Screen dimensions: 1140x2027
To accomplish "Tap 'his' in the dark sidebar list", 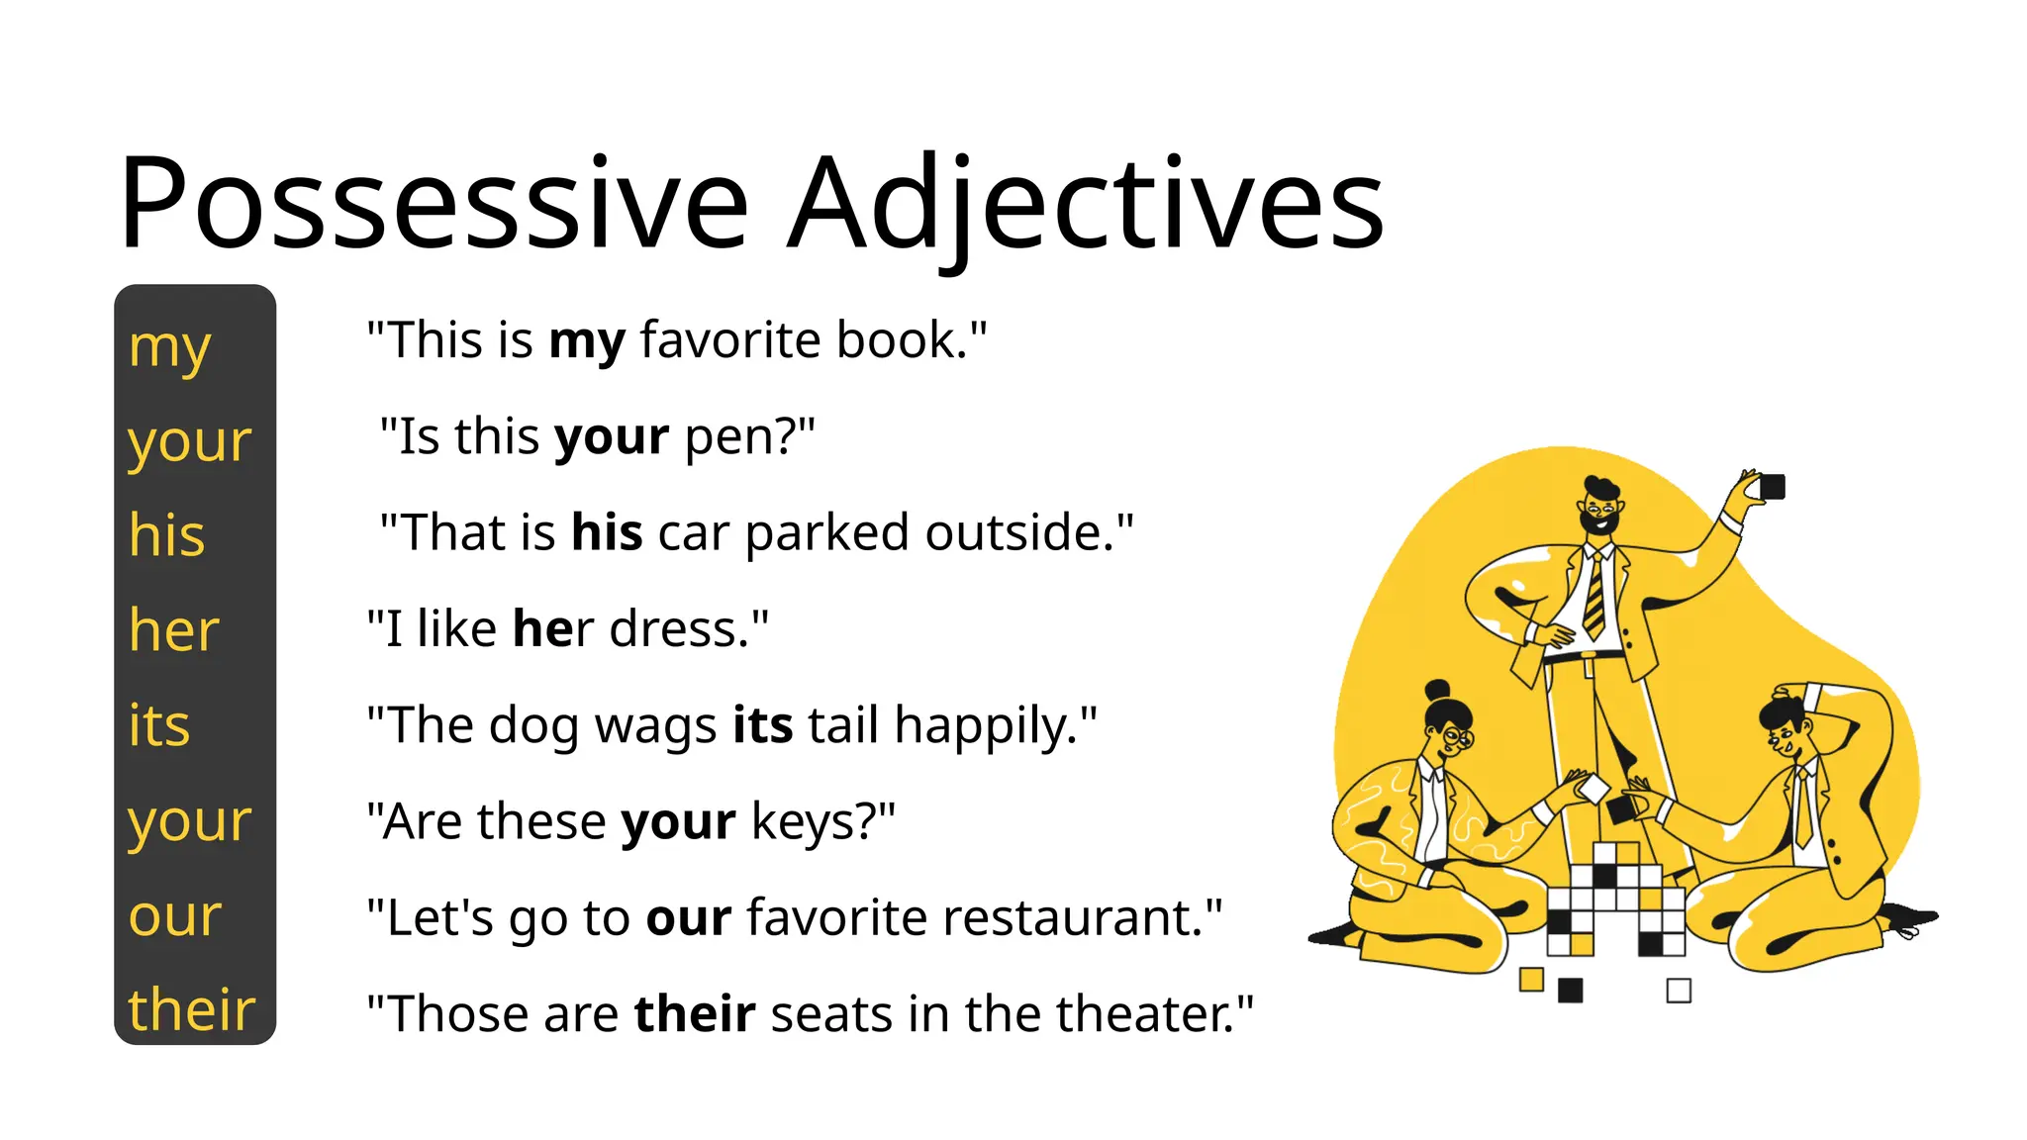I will (x=166, y=535).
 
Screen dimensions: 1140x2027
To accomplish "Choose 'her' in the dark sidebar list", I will (x=173, y=630).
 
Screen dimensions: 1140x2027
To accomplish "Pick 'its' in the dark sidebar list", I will (x=158, y=725).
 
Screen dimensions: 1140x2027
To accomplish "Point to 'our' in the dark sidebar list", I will (x=174, y=916).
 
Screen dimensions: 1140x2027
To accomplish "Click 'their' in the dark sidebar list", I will (x=191, y=1010).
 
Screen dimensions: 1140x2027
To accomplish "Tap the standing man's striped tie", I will (x=1593, y=595).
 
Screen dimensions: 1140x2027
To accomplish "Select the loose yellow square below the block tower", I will (x=1531, y=980).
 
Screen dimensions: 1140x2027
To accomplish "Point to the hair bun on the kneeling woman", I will (x=1436, y=689).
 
